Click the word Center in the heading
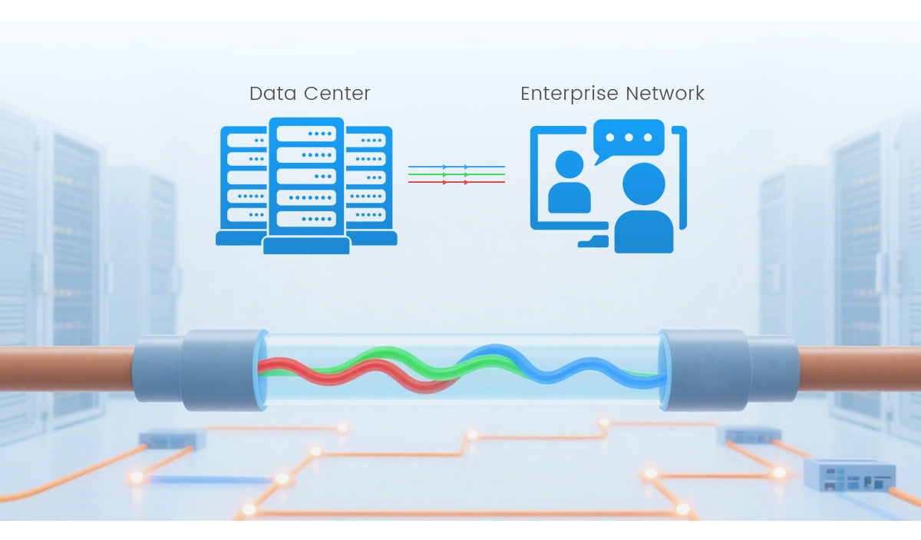click(338, 94)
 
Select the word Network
click(665, 94)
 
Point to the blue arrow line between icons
click(456, 167)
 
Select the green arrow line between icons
click(456, 174)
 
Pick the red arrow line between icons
click(456, 182)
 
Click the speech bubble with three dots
click(629, 138)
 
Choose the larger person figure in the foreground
click(643, 211)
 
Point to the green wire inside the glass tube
click(368, 358)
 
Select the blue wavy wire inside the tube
click(568, 372)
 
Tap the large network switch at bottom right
click(850, 475)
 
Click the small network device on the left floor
click(172, 439)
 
